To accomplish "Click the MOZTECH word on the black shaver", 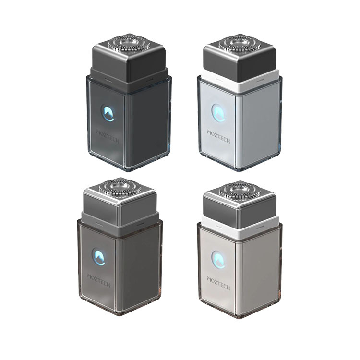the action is coord(108,136).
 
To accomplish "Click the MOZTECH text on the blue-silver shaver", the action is coord(218,136).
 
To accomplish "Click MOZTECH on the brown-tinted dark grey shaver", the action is coord(99,281).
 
